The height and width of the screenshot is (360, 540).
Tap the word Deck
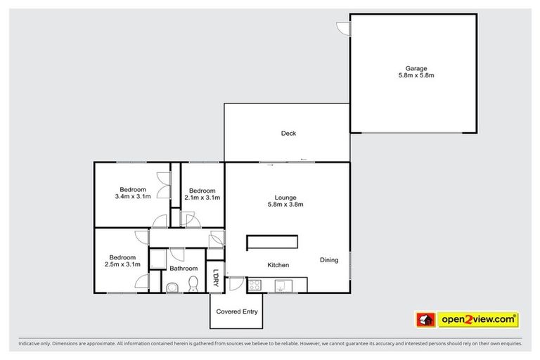[x=288, y=133]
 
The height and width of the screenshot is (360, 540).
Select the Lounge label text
[x=285, y=197]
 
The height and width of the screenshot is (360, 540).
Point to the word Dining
[x=329, y=259]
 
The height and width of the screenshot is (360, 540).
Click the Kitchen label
[x=278, y=264]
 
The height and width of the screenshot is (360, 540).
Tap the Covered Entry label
[x=237, y=311]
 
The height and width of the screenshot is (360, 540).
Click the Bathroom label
[x=184, y=269]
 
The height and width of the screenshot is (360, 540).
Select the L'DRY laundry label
[x=217, y=279]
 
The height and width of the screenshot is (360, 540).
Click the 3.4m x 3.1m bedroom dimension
[x=132, y=198]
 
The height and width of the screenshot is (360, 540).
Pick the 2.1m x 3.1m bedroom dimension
[x=202, y=198]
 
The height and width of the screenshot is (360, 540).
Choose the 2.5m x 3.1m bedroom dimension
[x=122, y=264]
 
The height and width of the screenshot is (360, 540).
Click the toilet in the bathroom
[x=192, y=283]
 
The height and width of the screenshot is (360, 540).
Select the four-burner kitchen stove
[x=255, y=285]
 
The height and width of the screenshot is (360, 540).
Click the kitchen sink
[x=281, y=285]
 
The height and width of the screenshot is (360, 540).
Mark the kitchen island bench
[x=271, y=242]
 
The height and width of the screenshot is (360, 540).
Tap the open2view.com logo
[x=467, y=319]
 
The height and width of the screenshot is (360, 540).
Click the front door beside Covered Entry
[x=236, y=285]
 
